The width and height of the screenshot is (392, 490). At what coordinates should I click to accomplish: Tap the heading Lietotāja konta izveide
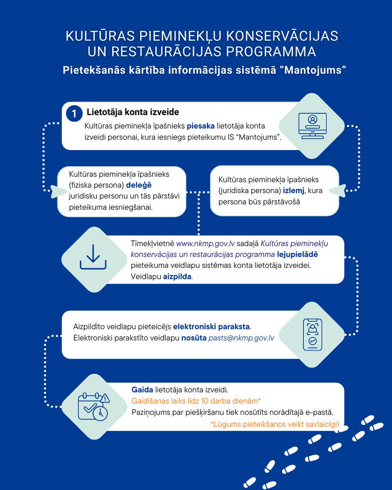coord(133,112)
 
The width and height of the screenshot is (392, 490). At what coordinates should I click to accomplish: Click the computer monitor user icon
coord(312,126)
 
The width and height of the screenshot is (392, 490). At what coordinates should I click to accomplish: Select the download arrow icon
coord(93,257)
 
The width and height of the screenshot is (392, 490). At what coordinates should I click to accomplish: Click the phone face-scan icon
coord(312,334)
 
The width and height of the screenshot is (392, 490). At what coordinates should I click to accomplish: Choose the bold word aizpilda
coord(177,276)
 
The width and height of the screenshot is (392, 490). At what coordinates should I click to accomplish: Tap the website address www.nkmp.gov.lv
coord(205,244)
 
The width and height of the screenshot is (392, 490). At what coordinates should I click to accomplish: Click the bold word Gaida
coord(139,390)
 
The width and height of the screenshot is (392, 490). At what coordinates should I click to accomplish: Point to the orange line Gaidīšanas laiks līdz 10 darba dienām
coord(196,401)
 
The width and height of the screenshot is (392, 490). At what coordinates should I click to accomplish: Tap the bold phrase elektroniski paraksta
coord(211,327)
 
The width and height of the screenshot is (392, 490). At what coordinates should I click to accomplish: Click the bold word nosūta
coord(194,338)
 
